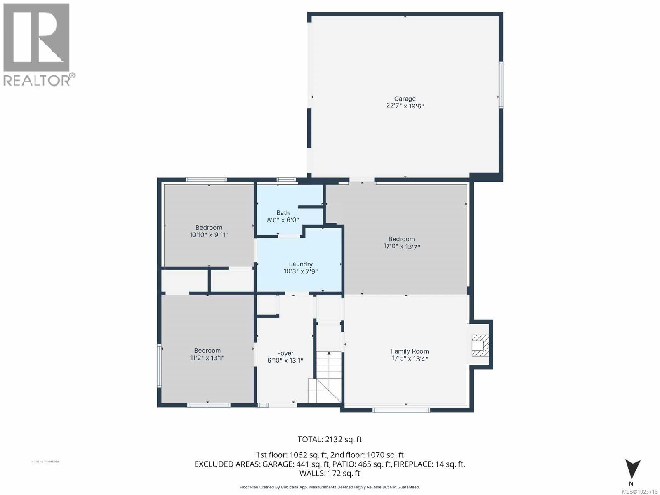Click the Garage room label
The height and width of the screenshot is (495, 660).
[405, 99]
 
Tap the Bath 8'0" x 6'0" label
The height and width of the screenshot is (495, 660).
[283, 217]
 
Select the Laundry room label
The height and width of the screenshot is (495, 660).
[300, 264]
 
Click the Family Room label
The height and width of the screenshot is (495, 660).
[410, 351]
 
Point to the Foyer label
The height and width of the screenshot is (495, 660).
[285, 353]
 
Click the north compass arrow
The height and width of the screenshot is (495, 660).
[632, 469]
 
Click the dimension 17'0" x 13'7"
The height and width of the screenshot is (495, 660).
[401, 247]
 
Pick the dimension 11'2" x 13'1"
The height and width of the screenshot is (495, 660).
[207, 358]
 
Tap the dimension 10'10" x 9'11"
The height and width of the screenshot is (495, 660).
[208, 235]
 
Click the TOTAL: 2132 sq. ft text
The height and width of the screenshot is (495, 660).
[330, 439]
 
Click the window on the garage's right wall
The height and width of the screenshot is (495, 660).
[501, 85]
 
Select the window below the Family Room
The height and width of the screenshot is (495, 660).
[401, 410]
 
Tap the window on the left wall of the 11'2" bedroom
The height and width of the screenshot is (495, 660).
[159, 365]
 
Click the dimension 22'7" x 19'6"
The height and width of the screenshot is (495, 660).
[405, 106]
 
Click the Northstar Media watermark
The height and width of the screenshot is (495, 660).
[45, 461]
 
